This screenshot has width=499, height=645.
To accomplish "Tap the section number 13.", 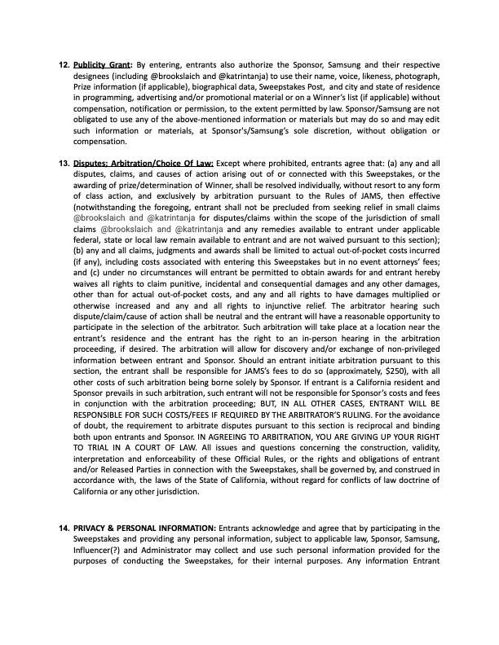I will pos(64,162).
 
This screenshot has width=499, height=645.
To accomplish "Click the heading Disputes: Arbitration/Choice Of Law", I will pos(144,162).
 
